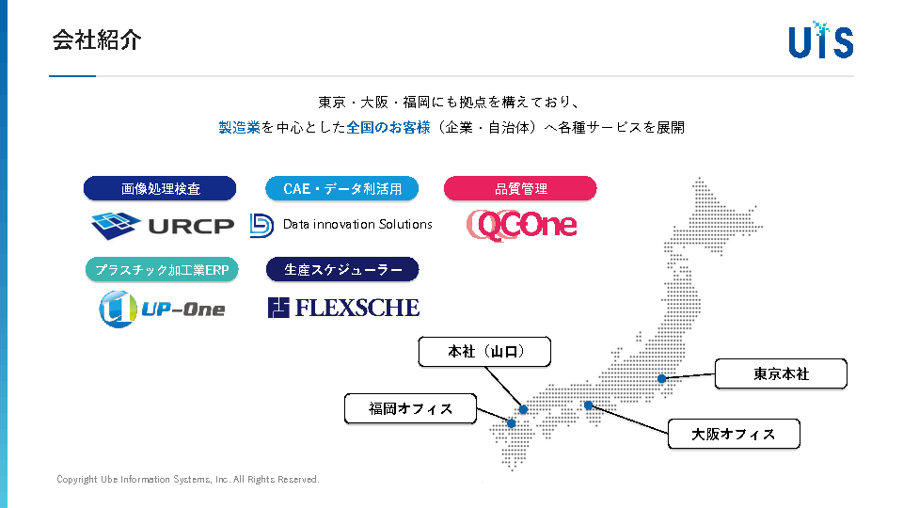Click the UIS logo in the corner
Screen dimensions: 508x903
click(820, 40)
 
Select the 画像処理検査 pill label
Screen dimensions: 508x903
click(160, 188)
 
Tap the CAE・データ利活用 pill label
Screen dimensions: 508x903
click(342, 188)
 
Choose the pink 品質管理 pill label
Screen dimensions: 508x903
click(520, 188)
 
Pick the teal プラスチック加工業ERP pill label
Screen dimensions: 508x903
click(162, 270)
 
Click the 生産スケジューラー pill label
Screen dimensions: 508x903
click(342, 270)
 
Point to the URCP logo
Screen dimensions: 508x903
click(162, 225)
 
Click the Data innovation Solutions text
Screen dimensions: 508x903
click(357, 224)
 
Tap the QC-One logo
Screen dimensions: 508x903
click(522, 225)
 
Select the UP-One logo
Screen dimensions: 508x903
click(162, 308)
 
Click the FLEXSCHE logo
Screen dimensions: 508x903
click(343, 308)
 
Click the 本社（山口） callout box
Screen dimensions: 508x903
click(484, 352)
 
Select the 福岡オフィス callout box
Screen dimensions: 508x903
click(410, 408)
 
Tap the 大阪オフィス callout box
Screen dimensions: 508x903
click(734, 434)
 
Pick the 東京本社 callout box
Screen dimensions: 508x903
click(781, 373)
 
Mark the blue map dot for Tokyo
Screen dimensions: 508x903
click(662, 378)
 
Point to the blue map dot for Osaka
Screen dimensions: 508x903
click(588, 405)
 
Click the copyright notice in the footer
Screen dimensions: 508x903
click(188, 480)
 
